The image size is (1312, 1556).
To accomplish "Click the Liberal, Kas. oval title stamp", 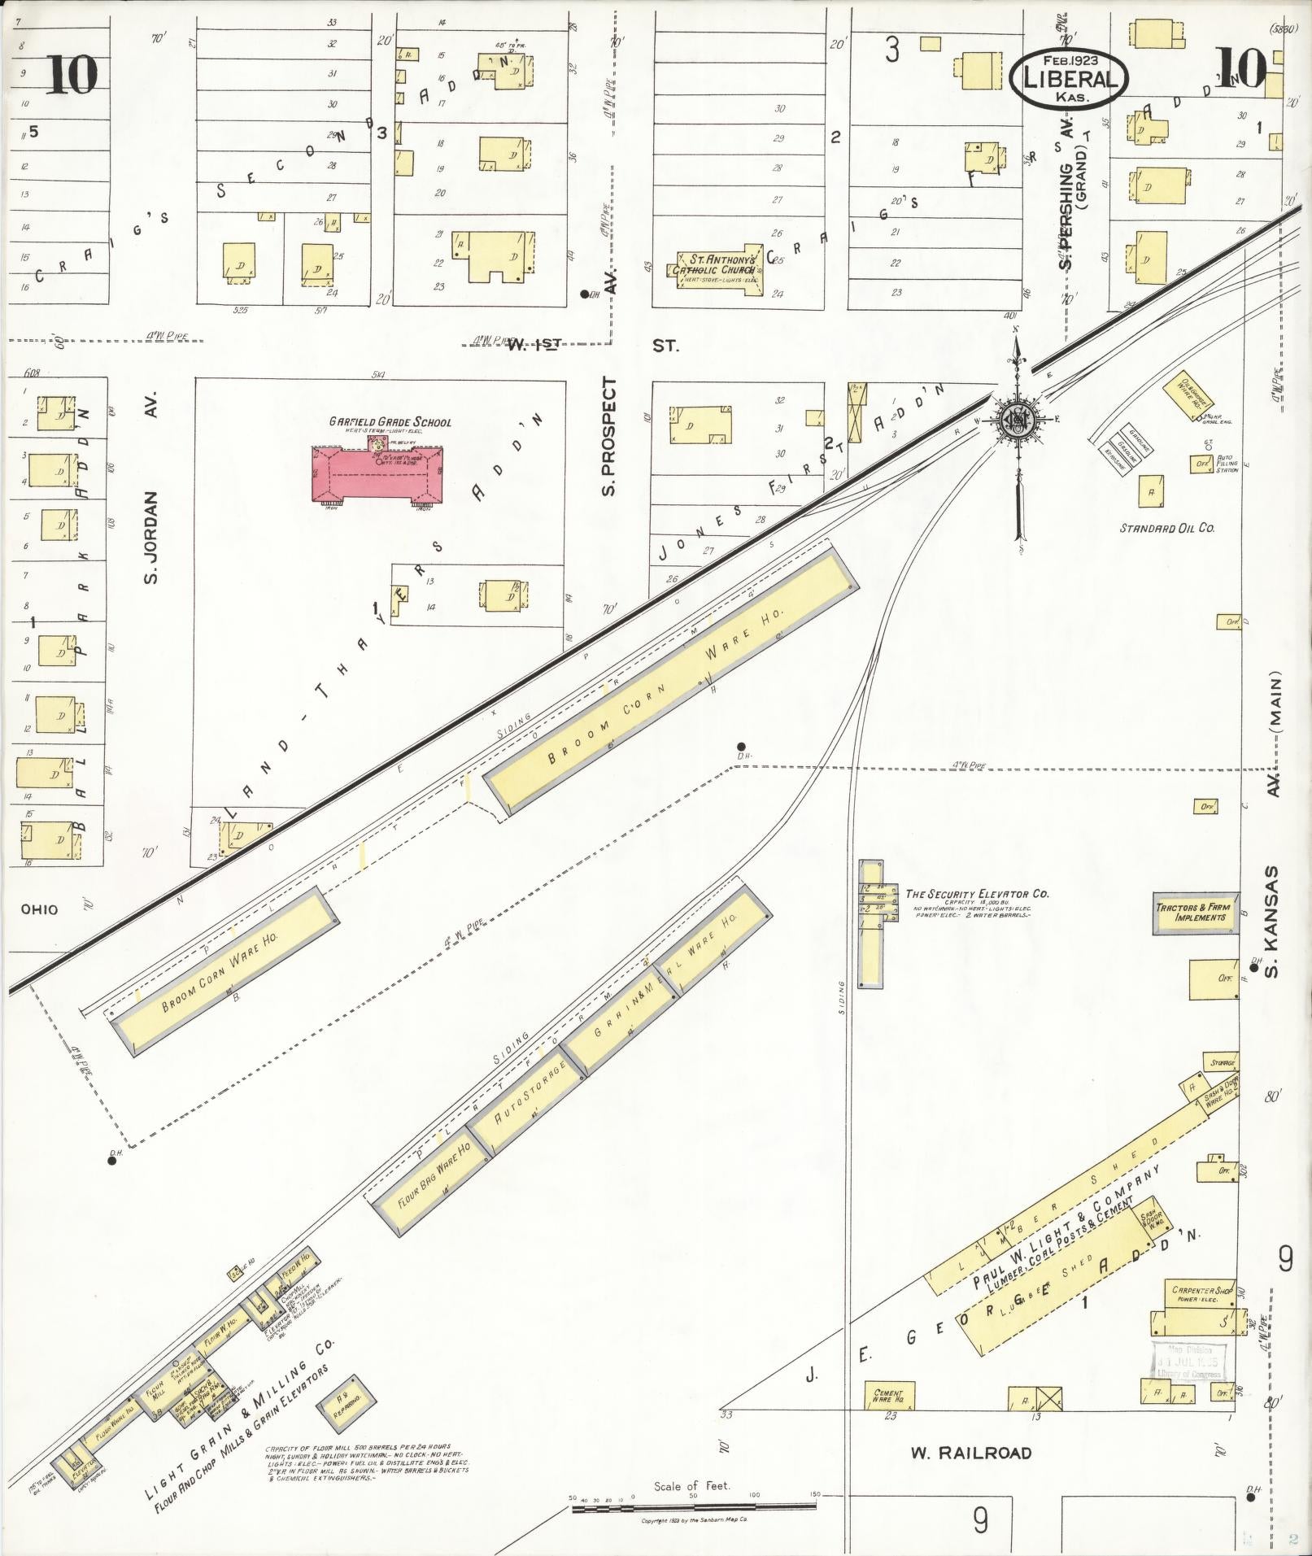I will click(x=1068, y=80).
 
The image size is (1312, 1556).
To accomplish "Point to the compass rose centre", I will click(x=1017, y=419).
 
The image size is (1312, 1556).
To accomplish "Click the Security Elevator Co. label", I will click(x=977, y=894).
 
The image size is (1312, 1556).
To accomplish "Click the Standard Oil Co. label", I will click(x=1166, y=528).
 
